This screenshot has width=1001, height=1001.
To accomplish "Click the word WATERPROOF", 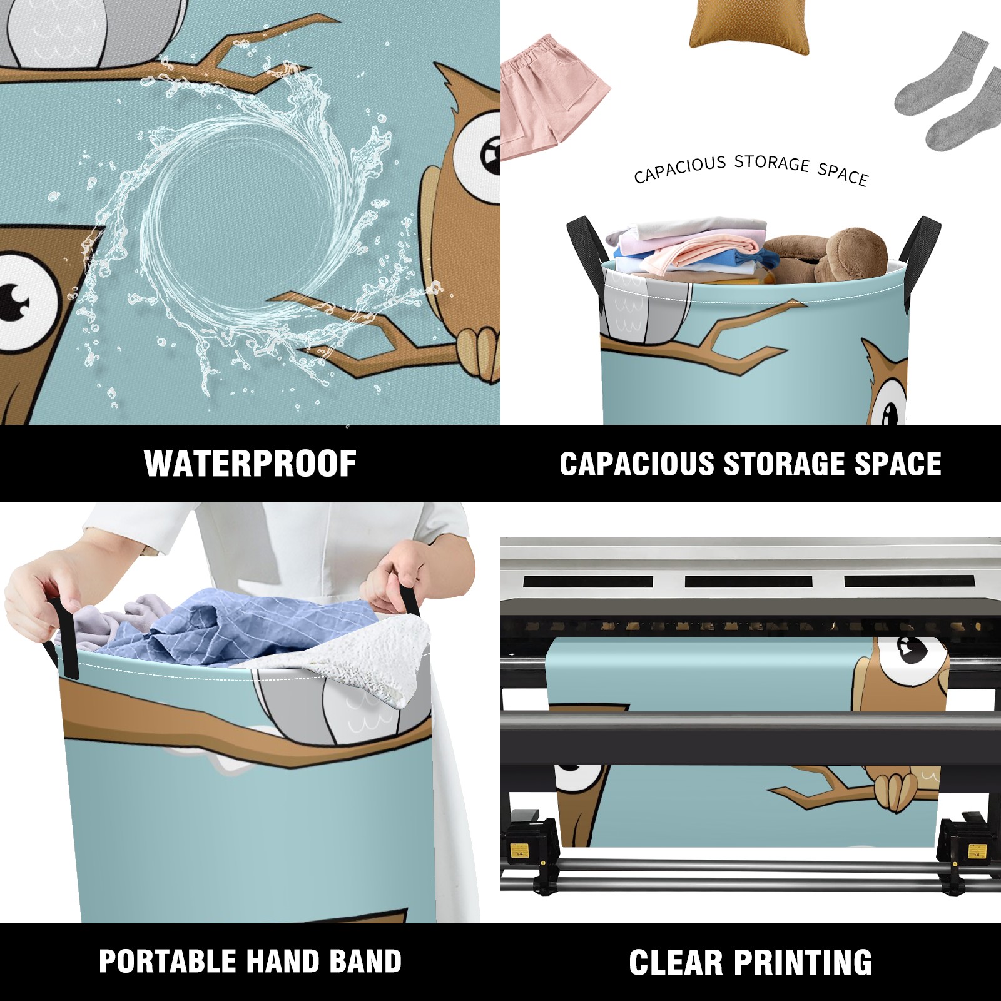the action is [x=250, y=464].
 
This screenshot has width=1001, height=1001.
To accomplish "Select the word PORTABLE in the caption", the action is [x=166, y=962].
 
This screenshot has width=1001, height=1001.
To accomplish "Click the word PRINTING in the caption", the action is [x=803, y=962].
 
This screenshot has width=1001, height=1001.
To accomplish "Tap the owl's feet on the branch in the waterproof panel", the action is [x=479, y=354].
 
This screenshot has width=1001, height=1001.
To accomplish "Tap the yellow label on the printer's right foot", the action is [x=977, y=851].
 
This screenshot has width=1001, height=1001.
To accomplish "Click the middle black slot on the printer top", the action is [x=748, y=581].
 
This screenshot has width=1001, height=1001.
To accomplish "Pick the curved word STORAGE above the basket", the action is [x=772, y=163].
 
